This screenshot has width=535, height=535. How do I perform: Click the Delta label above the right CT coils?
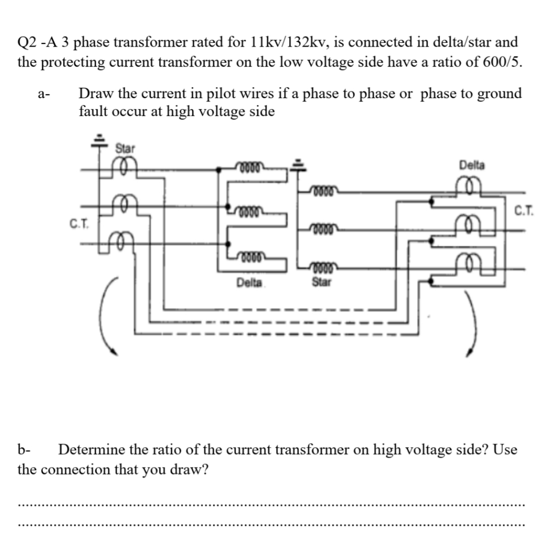472,165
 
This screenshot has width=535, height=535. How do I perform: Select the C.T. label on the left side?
79,225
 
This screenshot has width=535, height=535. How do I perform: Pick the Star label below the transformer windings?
321,283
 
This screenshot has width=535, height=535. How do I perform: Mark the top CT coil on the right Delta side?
472,185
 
